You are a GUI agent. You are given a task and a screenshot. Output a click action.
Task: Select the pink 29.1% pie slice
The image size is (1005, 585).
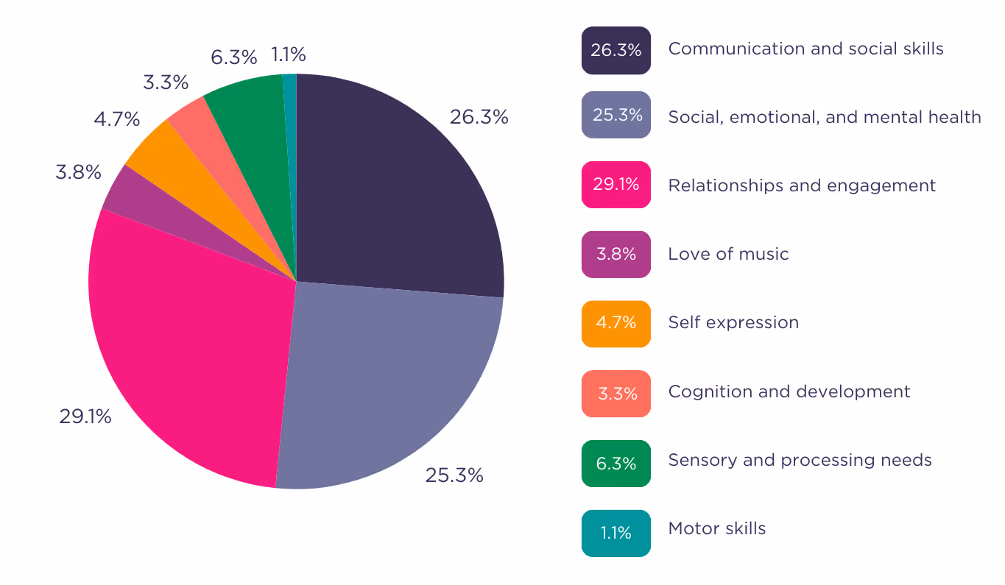point(188,350)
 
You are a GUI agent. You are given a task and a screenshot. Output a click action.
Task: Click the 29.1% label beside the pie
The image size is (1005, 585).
point(85,416)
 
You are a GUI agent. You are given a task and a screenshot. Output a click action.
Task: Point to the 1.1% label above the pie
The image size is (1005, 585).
point(289,54)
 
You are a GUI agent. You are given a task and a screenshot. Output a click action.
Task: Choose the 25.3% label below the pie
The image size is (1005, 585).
point(454,475)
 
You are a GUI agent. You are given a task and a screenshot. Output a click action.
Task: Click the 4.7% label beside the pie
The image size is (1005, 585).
point(116,119)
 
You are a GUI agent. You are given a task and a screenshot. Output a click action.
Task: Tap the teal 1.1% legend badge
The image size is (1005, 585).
point(616,533)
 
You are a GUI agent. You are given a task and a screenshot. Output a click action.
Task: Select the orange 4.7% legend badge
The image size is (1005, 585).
point(616,324)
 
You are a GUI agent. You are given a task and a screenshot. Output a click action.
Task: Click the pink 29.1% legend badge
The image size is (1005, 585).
point(616,184)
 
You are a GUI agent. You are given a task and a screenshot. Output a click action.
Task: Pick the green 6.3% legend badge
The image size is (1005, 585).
point(616,463)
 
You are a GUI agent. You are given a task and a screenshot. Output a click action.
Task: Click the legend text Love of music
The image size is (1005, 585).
point(728,254)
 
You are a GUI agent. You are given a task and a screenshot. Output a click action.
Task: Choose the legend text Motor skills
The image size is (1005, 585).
point(717,528)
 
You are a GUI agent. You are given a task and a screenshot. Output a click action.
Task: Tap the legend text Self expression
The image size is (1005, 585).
point(733,323)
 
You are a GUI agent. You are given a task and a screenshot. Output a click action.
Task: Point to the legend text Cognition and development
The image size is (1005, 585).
point(789,391)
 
